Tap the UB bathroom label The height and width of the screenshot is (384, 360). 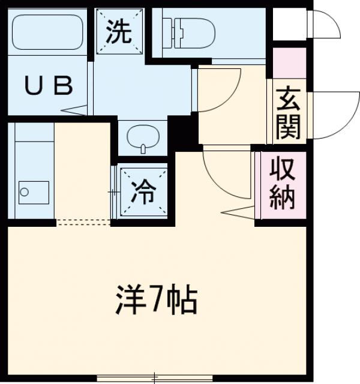pyautogui.click(x=48, y=87)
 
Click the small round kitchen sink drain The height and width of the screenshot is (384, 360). pyautogui.click(x=24, y=193)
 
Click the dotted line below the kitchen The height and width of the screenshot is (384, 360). pyautogui.click(x=83, y=221)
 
